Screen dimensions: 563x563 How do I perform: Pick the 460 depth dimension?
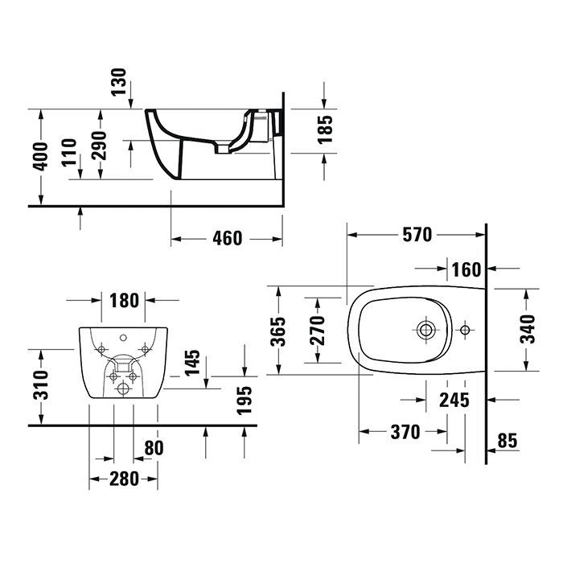227,239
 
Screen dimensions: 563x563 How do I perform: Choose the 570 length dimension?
417,234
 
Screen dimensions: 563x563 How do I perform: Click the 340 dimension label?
526,327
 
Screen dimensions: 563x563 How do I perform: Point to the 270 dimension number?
316,330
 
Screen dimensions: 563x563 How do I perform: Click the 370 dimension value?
405,432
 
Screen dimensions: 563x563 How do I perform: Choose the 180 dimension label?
124,300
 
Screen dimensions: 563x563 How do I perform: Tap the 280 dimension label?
124,479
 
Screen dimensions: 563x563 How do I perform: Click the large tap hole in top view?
425,328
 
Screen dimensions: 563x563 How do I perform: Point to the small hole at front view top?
125,338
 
